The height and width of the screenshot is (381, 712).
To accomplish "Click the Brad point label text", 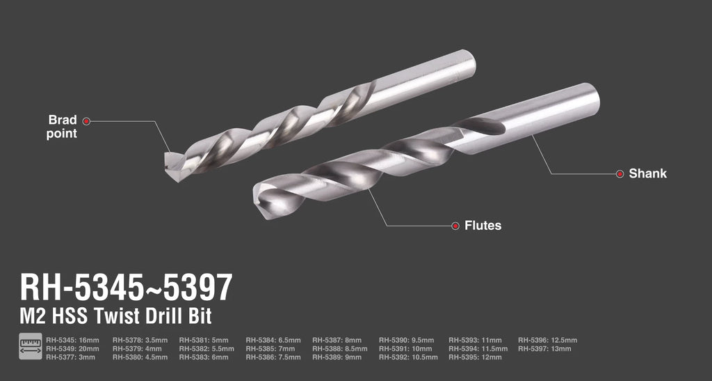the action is pos(62,127).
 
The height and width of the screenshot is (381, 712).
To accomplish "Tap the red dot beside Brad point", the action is pos(86,121).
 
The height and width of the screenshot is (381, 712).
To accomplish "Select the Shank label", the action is pos(647,173).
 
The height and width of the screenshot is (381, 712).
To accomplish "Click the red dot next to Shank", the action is pos(620,173).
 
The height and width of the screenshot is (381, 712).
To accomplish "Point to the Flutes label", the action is pos(483,226).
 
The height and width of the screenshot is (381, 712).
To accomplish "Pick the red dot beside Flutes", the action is pos(455,226).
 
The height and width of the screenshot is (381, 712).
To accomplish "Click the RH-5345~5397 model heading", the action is pos(127,288).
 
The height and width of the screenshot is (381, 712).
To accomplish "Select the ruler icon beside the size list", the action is pos(31,346).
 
